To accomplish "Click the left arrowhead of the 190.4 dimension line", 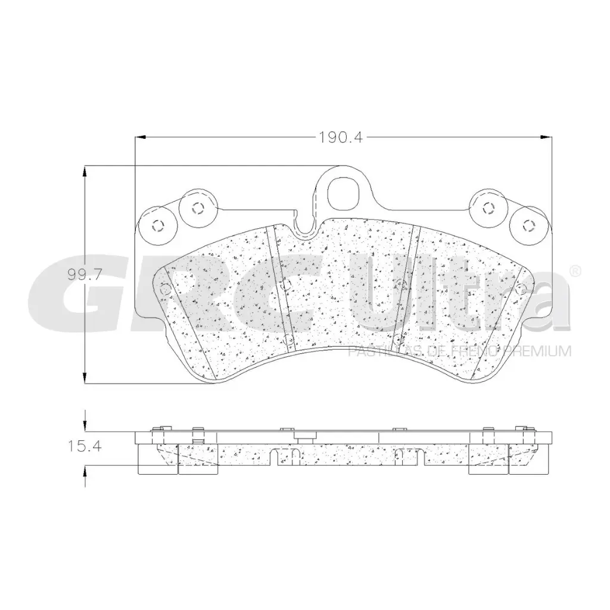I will tap(140, 137).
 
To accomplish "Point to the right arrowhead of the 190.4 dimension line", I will tap(547, 137).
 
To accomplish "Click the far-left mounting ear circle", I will tap(158, 225).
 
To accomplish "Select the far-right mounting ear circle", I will tap(527, 225).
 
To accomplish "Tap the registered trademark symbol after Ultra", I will tap(575, 270).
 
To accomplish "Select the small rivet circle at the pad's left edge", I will tap(166, 290).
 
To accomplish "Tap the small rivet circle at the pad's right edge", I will tap(522, 290).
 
